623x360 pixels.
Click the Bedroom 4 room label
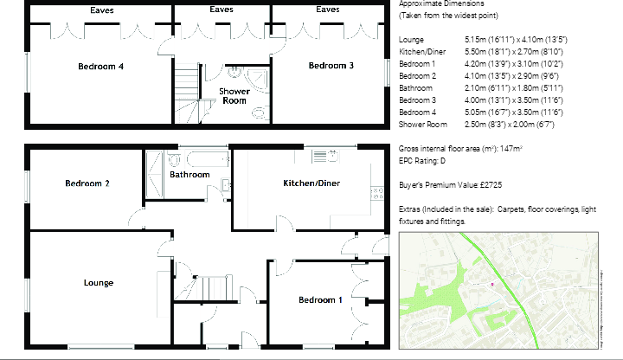point(100,67)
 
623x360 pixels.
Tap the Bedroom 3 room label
point(331,66)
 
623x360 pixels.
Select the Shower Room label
point(234,95)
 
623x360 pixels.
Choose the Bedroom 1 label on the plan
point(320,300)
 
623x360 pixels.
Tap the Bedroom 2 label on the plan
point(87,183)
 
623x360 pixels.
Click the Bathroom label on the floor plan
point(189,175)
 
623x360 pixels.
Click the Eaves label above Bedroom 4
point(101,10)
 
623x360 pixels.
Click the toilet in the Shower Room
point(260,112)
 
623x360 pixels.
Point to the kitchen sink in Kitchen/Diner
point(324,156)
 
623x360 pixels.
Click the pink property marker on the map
point(492,284)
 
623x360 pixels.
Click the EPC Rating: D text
point(423,161)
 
